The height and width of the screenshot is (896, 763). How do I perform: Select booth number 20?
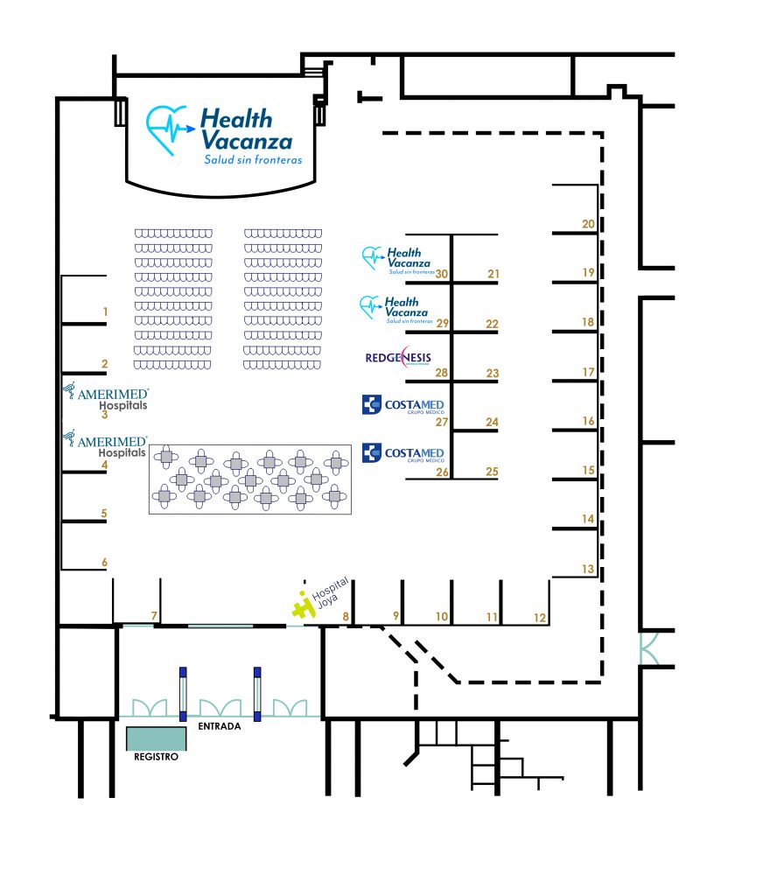click(x=588, y=224)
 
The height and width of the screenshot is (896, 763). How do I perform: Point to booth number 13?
click(x=587, y=570)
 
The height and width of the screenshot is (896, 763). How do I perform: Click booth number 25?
click(x=492, y=472)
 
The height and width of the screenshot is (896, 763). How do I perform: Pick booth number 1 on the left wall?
click(x=105, y=311)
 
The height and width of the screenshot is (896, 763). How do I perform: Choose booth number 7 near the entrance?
click(x=154, y=616)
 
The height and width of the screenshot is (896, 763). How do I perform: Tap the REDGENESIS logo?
click(x=397, y=359)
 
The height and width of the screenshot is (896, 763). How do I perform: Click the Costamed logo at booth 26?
click(x=402, y=453)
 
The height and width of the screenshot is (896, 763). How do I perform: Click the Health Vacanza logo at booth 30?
click(x=398, y=259)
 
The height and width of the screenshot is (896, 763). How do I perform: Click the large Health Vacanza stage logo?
click(x=220, y=136)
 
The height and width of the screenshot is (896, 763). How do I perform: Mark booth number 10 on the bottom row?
click(x=442, y=618)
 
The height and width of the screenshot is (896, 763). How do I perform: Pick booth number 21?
click(x=493, y=275)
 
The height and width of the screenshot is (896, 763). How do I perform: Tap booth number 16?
click(x=588, y=422)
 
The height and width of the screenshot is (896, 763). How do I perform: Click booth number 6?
click(x=104, y=562)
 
